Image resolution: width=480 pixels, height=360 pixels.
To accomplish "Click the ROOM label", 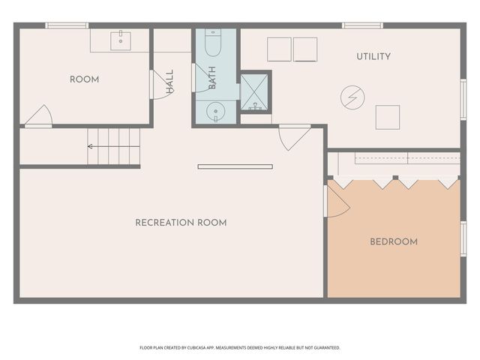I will [x=84, y=79].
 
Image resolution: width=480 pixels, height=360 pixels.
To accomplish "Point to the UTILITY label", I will [x=373, y=56].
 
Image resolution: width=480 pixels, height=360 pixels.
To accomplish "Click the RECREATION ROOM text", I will [x=181, y=223].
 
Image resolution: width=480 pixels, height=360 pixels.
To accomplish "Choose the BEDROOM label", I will [x=394, y=242].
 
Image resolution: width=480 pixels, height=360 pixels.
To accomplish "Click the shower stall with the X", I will [x=256, y=94].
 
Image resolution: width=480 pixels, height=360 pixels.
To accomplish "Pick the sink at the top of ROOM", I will [x=121, y=40].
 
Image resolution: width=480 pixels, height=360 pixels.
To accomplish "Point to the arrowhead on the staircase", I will [x=91, y=146].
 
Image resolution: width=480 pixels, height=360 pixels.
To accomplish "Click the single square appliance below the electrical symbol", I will [x=387, y=117].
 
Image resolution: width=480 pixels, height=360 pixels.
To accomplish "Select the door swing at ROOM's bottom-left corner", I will [x=37, y=116].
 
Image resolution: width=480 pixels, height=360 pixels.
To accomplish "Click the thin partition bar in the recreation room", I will [x=235, y=166].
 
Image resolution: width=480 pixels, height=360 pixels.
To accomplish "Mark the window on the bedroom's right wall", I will [x=463, y=238].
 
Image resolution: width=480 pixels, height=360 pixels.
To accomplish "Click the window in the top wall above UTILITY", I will [x=362, y=25].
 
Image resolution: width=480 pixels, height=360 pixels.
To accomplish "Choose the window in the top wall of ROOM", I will [x=67, y=25].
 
